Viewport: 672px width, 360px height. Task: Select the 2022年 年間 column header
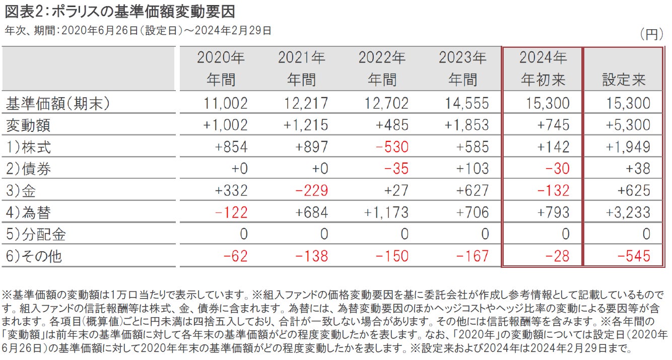(382, 68)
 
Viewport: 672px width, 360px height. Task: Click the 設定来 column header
(624, 80)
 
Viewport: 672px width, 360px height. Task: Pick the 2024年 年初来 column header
(543, 68)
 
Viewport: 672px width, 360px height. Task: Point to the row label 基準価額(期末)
(57, 104)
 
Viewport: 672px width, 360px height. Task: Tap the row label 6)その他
(34, 256)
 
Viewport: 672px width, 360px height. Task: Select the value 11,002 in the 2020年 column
(226, 104)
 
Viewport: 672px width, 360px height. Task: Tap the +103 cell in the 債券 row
(472, 169)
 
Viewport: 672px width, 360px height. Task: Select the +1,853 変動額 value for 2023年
(466, 125)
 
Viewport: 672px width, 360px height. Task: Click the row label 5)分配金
(35, 234)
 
